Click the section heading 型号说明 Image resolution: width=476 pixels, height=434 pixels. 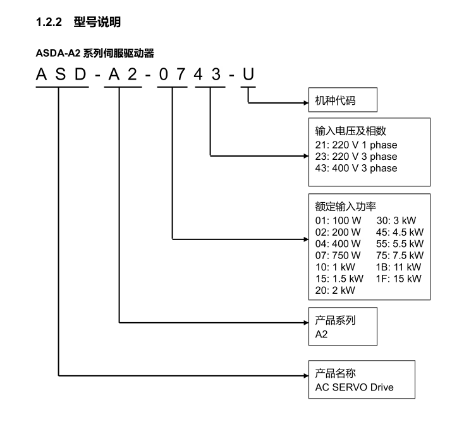97,23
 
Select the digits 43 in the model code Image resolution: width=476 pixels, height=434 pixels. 207,76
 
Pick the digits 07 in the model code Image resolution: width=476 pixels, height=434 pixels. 172,76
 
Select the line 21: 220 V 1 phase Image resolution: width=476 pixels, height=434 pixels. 356,145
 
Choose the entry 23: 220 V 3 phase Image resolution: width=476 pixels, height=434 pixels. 356,157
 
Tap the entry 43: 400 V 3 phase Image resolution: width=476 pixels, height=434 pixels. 356,168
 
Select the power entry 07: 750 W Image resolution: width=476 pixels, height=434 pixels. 338,255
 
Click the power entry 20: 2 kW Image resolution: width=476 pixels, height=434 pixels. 335,290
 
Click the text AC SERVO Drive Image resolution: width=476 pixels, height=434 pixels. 354,387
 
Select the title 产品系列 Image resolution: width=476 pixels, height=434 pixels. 335,320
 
